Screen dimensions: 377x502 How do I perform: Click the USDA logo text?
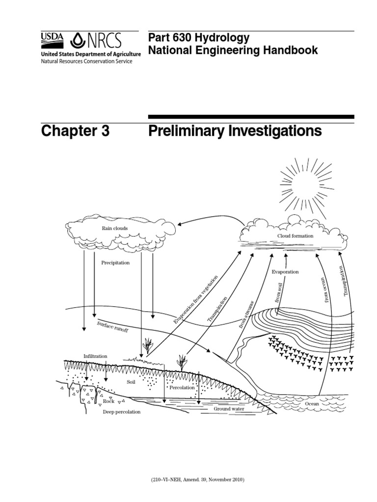(x=53, y=38)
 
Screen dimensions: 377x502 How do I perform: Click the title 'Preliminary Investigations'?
(x=235, y=131)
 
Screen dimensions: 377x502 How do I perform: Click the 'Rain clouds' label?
(x=114, y=228)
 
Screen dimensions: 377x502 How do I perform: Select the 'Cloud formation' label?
(x=295, y=236)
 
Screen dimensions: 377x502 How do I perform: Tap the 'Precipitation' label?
(x=115, y=263)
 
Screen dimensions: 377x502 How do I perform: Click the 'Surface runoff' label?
(x=112, y=327)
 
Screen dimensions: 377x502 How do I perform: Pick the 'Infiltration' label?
(x=95, y=356)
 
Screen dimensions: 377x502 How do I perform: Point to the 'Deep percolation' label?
(x=121, y=412)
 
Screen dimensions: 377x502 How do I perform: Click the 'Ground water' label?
(x=228, y=408)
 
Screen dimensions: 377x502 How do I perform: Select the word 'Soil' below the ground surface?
(x=131, y=381)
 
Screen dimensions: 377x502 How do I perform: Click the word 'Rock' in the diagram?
(x=108, y=401)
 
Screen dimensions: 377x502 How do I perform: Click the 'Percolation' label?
(x=182, y=387)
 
